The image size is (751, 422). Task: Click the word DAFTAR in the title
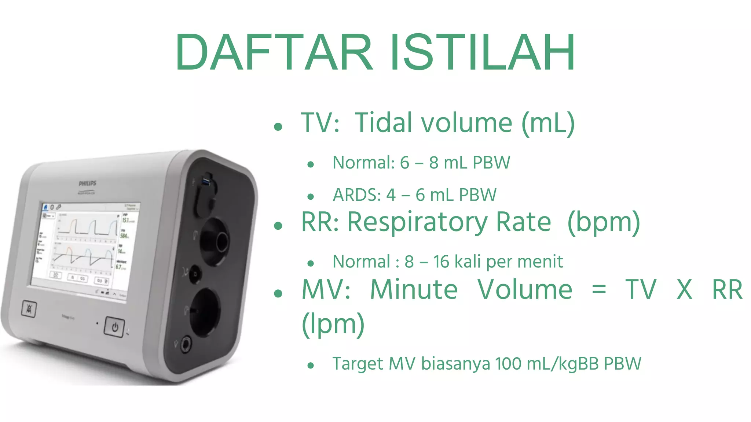click(274, 52)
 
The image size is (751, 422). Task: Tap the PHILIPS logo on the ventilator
click(88, 183)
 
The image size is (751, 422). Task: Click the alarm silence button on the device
click(29, 309)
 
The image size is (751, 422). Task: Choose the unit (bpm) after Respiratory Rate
click(604, 223)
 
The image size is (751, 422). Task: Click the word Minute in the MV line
click(414, 289)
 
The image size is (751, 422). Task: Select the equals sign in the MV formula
click(599, 290)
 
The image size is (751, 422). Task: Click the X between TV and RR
click(684, 289)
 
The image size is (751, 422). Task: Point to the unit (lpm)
click(333, 324)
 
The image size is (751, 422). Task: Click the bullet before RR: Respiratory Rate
click(278, 226)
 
